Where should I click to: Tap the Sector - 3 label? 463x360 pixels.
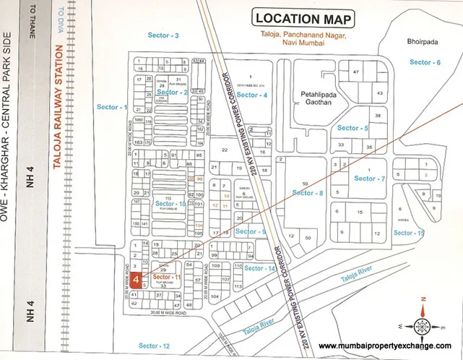[x=165, y=35]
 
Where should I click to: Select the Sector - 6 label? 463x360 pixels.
[x=425, y=62]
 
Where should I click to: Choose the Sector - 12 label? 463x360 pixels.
[x=155, y=346]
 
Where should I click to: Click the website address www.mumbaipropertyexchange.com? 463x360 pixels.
[x=390, y=346]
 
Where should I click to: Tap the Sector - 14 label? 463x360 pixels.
[x=260, y=268]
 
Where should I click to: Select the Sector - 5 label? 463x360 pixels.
[x=352, y=128]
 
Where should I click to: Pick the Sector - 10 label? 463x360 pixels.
[x=170, y=205]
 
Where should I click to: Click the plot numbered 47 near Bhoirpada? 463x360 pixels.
[x=355, y=72]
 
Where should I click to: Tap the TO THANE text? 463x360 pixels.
[x=32, y=26]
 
